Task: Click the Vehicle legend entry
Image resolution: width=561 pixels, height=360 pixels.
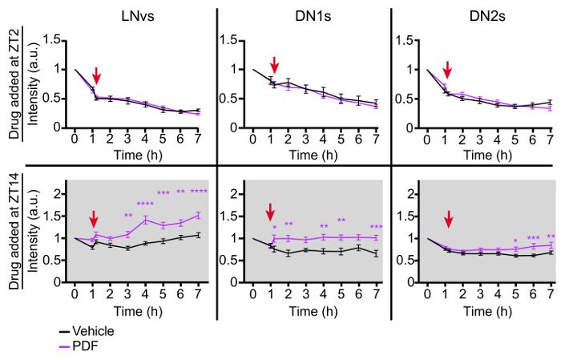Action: click(x=92, y=330)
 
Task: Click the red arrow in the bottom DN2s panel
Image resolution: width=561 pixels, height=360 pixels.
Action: click(x=448, y=219)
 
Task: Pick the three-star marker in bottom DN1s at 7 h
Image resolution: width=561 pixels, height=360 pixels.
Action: click(x=376, y=227)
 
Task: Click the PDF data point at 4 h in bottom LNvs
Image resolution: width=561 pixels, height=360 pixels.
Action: click(x=145, y=219)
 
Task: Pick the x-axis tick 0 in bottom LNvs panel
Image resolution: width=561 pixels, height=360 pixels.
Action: click(x=75, y=292)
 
